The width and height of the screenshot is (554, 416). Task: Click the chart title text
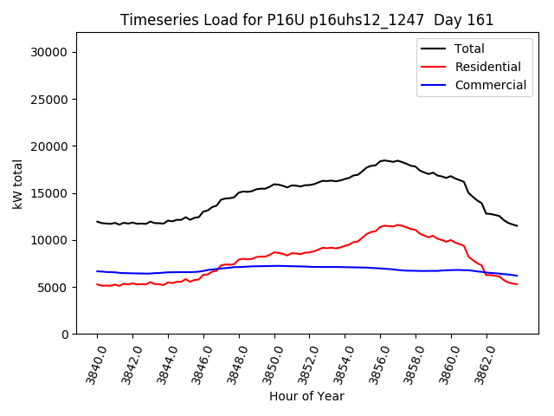click(306, 20)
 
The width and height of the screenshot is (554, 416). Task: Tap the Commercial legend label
click(490, 85)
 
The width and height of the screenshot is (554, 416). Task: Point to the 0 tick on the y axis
click(66, 334)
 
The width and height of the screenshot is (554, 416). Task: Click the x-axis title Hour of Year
click(306, 396)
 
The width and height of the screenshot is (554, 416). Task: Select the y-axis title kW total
click(17, 183)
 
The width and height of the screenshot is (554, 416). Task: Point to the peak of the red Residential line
click(397, 224)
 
